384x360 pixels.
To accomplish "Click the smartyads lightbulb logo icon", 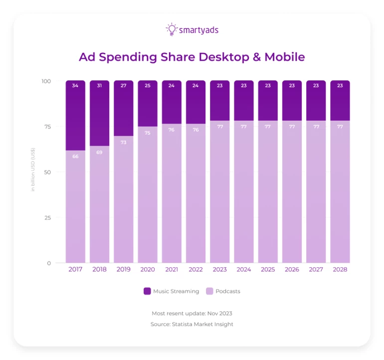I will click(x=171, y=29).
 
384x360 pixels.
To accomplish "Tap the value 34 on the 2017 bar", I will click(x=75, y=85).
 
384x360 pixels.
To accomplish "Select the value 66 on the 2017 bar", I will click(x=75, y=157).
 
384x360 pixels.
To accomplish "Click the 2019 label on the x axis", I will click(x=123, y=269).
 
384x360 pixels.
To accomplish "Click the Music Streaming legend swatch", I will click(x=147, y=291).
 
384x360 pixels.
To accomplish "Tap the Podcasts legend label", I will click(x=227, y=291).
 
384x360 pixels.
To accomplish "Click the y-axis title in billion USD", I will click(x=33, y=170).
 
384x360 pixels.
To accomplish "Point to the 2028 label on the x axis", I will click(x=340, y=269).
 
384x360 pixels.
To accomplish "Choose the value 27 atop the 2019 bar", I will click(x=123, y=85).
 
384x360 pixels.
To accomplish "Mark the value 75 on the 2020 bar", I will click(x=147, y=133).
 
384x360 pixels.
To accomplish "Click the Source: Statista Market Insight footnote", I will click(x=192, y=324).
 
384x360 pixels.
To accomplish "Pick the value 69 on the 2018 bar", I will click(x=99, y=152).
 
